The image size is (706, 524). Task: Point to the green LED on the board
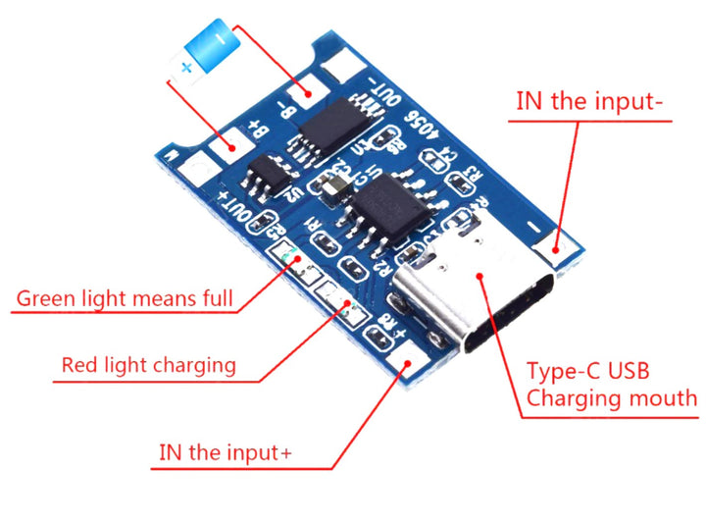[291, 260]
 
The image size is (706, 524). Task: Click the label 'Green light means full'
[126, 297]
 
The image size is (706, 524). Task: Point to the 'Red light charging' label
[148, 365]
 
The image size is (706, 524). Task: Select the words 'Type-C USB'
[587, 372]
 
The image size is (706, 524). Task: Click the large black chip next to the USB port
[387, 206]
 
